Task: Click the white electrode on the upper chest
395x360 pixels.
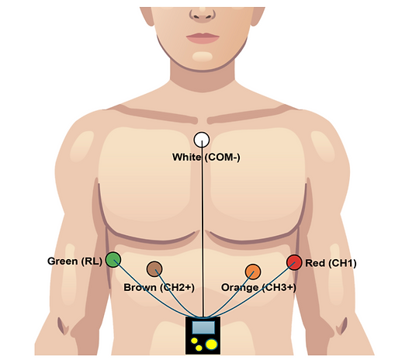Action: (202, 140)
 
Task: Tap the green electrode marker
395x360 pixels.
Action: (113, 259)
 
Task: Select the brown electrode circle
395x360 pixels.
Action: (154, 269)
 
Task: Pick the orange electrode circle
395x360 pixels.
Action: (253, 272)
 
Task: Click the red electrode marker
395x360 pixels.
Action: (294, 262)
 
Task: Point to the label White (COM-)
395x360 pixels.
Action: (206, 157)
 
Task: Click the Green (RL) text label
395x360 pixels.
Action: (74, 261)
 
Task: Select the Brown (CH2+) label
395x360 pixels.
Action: (159, 287)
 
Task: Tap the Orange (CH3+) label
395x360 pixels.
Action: (258, 287)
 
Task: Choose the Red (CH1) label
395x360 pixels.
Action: (331, 263)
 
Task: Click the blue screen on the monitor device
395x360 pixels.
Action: (203, 327)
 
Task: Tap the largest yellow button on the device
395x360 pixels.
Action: (212, 344)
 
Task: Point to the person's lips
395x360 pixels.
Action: (203, 38)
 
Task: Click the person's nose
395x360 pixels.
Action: (203, 14)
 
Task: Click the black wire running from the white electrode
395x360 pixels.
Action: (203, 228)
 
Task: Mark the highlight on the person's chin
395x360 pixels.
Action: (203, 56)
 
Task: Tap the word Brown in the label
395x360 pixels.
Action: (140, 287)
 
